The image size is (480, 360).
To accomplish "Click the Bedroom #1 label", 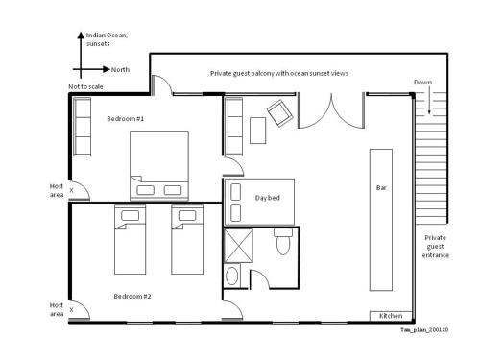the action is tap(126, 119).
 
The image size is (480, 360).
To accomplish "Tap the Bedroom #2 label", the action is tap(132, 297).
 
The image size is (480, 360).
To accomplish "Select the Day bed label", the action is tap(268, 198).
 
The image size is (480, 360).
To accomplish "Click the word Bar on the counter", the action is tap(381, 188).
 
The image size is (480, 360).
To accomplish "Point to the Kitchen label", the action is tap(391, 316).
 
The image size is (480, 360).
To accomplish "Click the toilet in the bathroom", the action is tap(283, 242).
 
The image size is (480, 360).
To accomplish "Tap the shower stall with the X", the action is tap(238, 245).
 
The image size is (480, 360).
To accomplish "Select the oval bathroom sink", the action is tap(232, 276).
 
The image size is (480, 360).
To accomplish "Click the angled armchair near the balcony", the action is tap(280, 113).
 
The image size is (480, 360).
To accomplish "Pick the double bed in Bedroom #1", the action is tap(159, 166).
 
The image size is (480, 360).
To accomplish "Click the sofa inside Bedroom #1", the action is tap(83, 127).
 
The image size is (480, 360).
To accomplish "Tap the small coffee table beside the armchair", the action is tap(257, 131).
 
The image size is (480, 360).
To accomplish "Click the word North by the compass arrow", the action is tap(120, 70).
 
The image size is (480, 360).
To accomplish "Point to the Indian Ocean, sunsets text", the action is tap(107, 39).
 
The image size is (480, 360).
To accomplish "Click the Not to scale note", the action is tap(85, 86).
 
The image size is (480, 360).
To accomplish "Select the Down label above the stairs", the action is tap(422, 83).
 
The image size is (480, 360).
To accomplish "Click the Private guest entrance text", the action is tap(435, 247).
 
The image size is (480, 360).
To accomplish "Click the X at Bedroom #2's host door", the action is tap(71, 310).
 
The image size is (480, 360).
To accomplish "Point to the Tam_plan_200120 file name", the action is tap(424, 329).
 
